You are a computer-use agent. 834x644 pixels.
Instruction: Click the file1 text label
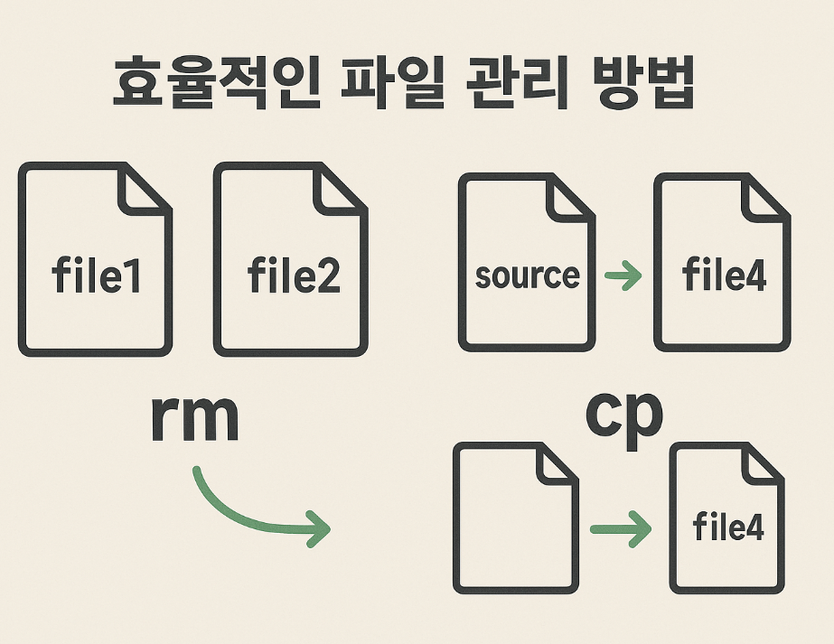pyautogui.click(x=97, y=275)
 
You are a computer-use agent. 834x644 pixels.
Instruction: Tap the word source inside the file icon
pyautogui.click(x=527, y=275)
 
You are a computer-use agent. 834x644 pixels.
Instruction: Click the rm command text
pyautogui.click(x=193, y=418)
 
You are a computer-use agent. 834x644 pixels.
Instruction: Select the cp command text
pyautogui.click(x=623, y=414)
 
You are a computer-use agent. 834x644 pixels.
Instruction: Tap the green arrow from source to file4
pyautogui.click(x=623, y=275)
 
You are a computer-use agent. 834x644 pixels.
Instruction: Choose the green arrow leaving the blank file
pyautogui.click(x=620, y=527)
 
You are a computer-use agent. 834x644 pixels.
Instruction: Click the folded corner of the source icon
pyautogui.click(x=570, y=196)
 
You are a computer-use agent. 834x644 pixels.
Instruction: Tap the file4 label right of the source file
pyautogui.click(x=725, y=275)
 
